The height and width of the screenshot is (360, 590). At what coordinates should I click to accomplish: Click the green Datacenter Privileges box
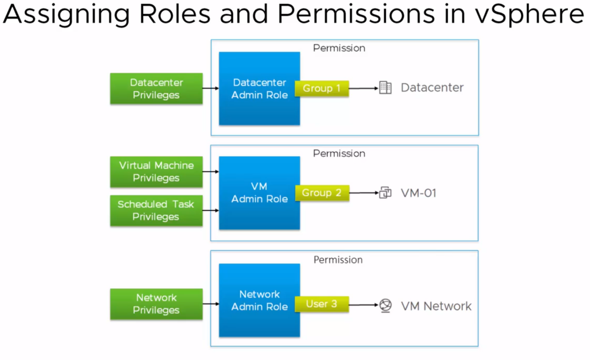[156, 89]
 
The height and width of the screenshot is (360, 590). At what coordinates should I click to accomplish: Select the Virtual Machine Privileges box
[156, 172]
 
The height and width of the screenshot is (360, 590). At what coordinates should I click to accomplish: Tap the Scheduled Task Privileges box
[156, 210]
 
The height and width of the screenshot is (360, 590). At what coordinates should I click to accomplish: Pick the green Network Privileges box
[156, 304]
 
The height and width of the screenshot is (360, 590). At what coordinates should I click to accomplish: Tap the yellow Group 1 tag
[322, 88]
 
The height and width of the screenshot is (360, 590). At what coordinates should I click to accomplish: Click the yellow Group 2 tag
[322, 193]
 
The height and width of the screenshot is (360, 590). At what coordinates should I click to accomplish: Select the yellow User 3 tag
[322, 304]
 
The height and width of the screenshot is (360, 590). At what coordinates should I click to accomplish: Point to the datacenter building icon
[385, 88]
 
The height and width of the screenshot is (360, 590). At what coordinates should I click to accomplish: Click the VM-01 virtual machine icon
[385, 192]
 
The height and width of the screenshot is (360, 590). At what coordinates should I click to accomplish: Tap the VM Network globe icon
[385, 306]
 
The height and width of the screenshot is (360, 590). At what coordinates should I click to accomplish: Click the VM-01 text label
[419, 193]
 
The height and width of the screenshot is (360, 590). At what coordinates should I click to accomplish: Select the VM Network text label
[436, 306]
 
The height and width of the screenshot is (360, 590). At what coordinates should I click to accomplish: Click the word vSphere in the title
[529, 14]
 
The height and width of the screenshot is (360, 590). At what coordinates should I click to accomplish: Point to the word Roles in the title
[174, 14]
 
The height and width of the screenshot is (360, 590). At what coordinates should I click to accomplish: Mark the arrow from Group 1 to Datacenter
[363, 88]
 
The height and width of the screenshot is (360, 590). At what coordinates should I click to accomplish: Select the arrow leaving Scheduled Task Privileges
[210, 210]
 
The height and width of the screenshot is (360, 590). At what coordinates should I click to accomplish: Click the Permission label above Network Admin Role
[338, 260]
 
